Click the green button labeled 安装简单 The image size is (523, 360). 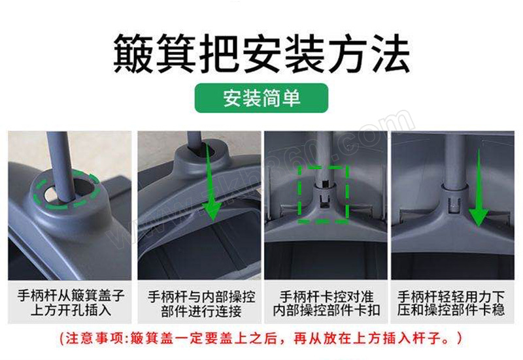[x=261, y=98]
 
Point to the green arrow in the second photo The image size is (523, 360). [x=211, y=182]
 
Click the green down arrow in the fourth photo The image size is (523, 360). [x=479, y=188]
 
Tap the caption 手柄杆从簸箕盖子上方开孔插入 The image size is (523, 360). [x=71, y=303]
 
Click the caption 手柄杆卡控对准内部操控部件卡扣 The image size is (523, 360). [x=326, y=303]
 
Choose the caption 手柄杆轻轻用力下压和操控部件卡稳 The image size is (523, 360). [x=451, y=303]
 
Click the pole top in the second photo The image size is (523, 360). [x=194, y=139]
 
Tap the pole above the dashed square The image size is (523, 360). [x=324, y=157]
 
